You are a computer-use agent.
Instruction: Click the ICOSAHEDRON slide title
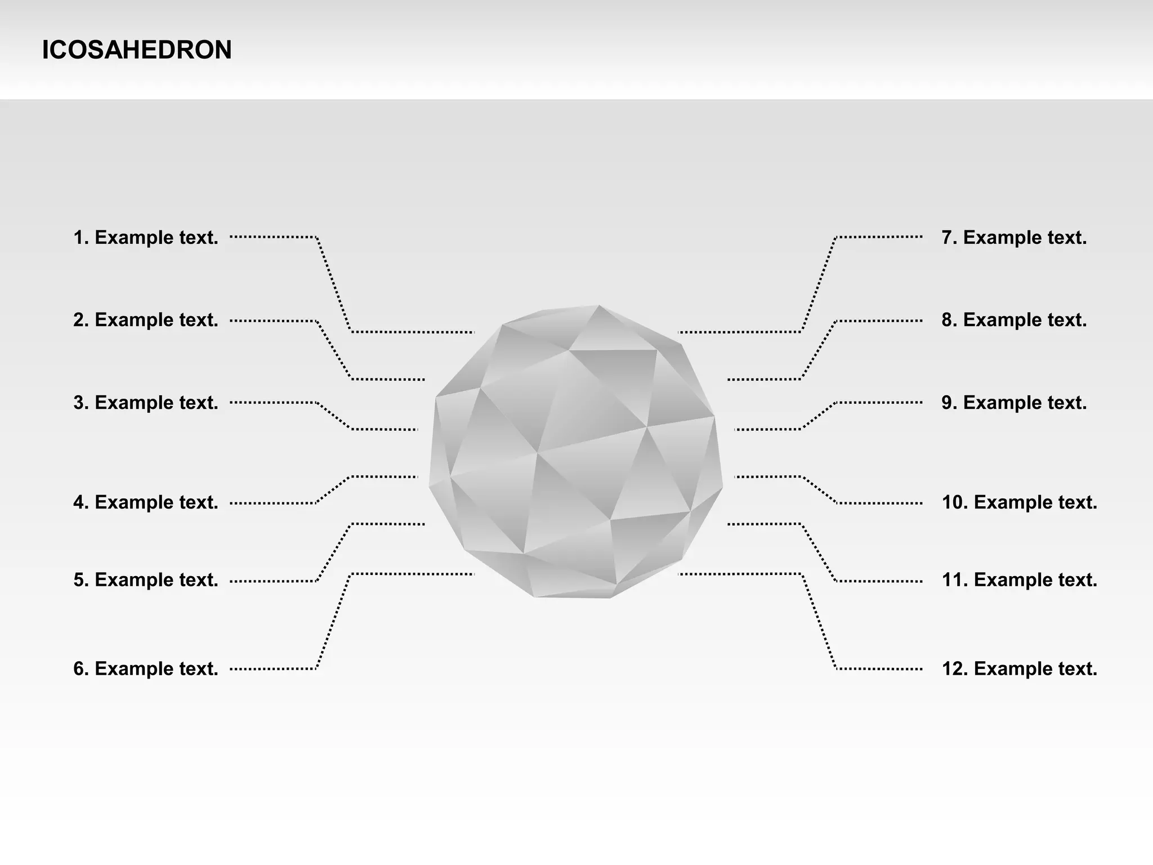pos(137,50)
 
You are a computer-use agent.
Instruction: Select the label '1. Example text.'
pos(146,238)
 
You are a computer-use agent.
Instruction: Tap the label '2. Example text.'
pos(146,320)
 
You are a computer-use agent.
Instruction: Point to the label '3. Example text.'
pos(146,403)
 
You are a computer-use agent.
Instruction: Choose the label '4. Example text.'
pos(146,502)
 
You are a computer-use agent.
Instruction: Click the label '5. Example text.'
pos(146,580)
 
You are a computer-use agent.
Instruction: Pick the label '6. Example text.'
pos(146,668)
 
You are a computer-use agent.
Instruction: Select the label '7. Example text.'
pos(1014,238)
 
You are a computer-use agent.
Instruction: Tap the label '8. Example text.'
pos(1014,320)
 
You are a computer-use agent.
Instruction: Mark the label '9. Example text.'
pos(1014,403)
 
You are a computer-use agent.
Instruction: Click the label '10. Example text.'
pos(1020,502)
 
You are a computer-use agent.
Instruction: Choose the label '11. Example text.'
pos(1020,580)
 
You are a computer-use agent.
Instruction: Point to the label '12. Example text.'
pos(1020,668)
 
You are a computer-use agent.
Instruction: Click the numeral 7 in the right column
pos(948,238)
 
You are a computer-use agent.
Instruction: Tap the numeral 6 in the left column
pos(79,668)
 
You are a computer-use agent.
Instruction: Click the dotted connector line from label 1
pos(334,285)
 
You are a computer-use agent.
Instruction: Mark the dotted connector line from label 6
pos(334,621)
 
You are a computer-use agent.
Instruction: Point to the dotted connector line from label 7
pos(819,285)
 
